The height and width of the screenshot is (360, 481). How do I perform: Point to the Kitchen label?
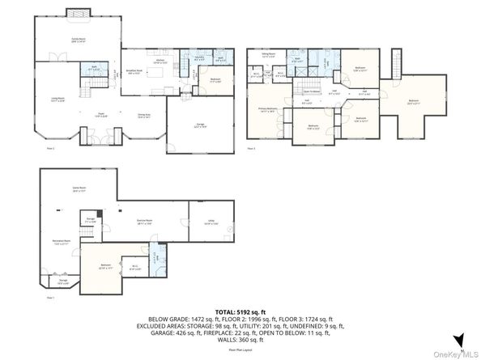tap(160, 61)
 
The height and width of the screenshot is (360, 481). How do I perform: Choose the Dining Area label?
tap(144, 115)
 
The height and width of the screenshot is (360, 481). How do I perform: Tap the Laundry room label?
tap(198, 58)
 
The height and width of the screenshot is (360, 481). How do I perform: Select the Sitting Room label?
tap(268, 54)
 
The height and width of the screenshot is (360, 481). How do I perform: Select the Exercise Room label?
tap(146, 219)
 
